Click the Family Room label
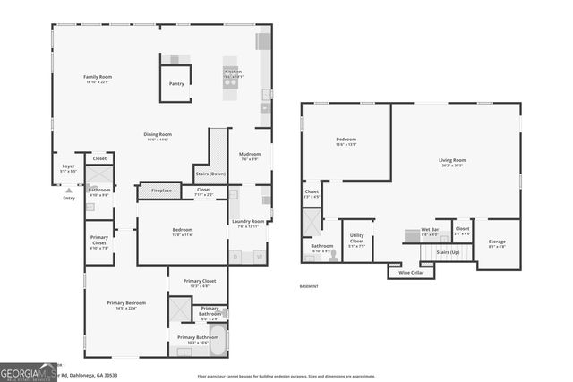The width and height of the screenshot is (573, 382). click(97, 78)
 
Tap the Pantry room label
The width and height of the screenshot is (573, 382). click(176, 84)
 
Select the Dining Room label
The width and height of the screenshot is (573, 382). click(158, 135)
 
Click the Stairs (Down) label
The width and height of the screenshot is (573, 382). click(210, 174)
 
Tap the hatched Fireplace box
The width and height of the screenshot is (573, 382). click(161, 191)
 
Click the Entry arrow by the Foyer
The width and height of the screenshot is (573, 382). click(69, 189)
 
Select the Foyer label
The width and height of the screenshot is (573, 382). click(68, 166)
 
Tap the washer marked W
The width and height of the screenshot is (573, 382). click(259, 257)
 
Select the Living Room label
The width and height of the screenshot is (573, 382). click(452, 161)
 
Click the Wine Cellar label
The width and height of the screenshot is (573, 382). click(411, 272)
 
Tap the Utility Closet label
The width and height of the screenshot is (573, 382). click(356, 240)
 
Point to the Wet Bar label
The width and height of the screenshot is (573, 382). click(430, 230)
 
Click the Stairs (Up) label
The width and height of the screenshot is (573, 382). click(448, 252)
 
